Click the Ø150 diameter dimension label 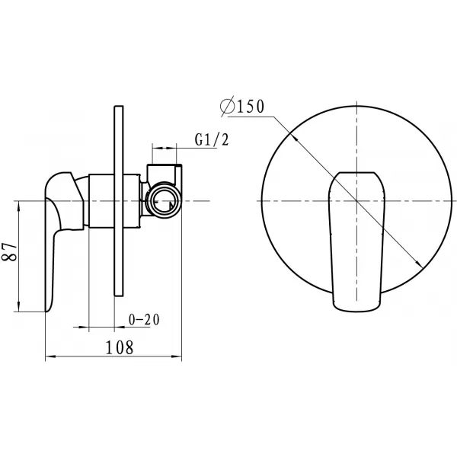click(242, 106)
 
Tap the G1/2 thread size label click(212, 139)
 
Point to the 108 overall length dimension click(120, 347)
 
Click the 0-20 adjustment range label click(144, 320)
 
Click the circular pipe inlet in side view click(164, 200)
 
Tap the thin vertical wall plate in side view click(119, 201)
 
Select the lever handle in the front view click(356, 241)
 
